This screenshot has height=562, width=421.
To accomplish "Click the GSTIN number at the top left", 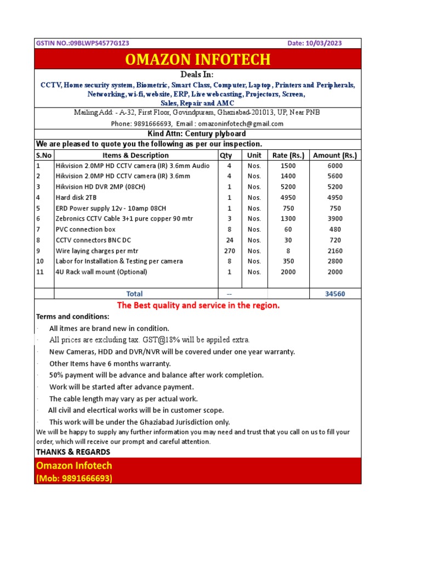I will (x=82, y=43).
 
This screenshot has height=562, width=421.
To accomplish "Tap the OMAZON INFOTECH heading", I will (x=198, y=59).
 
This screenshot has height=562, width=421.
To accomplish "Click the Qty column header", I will (x=226, y=155).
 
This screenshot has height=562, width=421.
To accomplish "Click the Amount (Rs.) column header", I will (x=334, y=155).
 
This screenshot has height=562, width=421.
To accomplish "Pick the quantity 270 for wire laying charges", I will (x=230, y=251).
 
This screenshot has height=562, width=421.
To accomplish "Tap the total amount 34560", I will (x=334, y=294).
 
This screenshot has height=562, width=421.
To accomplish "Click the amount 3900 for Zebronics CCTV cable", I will (x=335, y=219).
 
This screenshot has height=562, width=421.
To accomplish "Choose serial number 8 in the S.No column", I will (x=38, y=240).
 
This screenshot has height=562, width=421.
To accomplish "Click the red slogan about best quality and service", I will (x=198, y=306).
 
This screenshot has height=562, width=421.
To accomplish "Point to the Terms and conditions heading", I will (x=72, y=317).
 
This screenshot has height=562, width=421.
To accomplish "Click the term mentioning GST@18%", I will (x=149, y=340).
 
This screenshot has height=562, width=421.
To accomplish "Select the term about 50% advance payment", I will (x=156, y=375).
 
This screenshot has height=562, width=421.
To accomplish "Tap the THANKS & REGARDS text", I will (x=73, y=452).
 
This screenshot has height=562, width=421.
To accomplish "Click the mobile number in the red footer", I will (x=74, y=478).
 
